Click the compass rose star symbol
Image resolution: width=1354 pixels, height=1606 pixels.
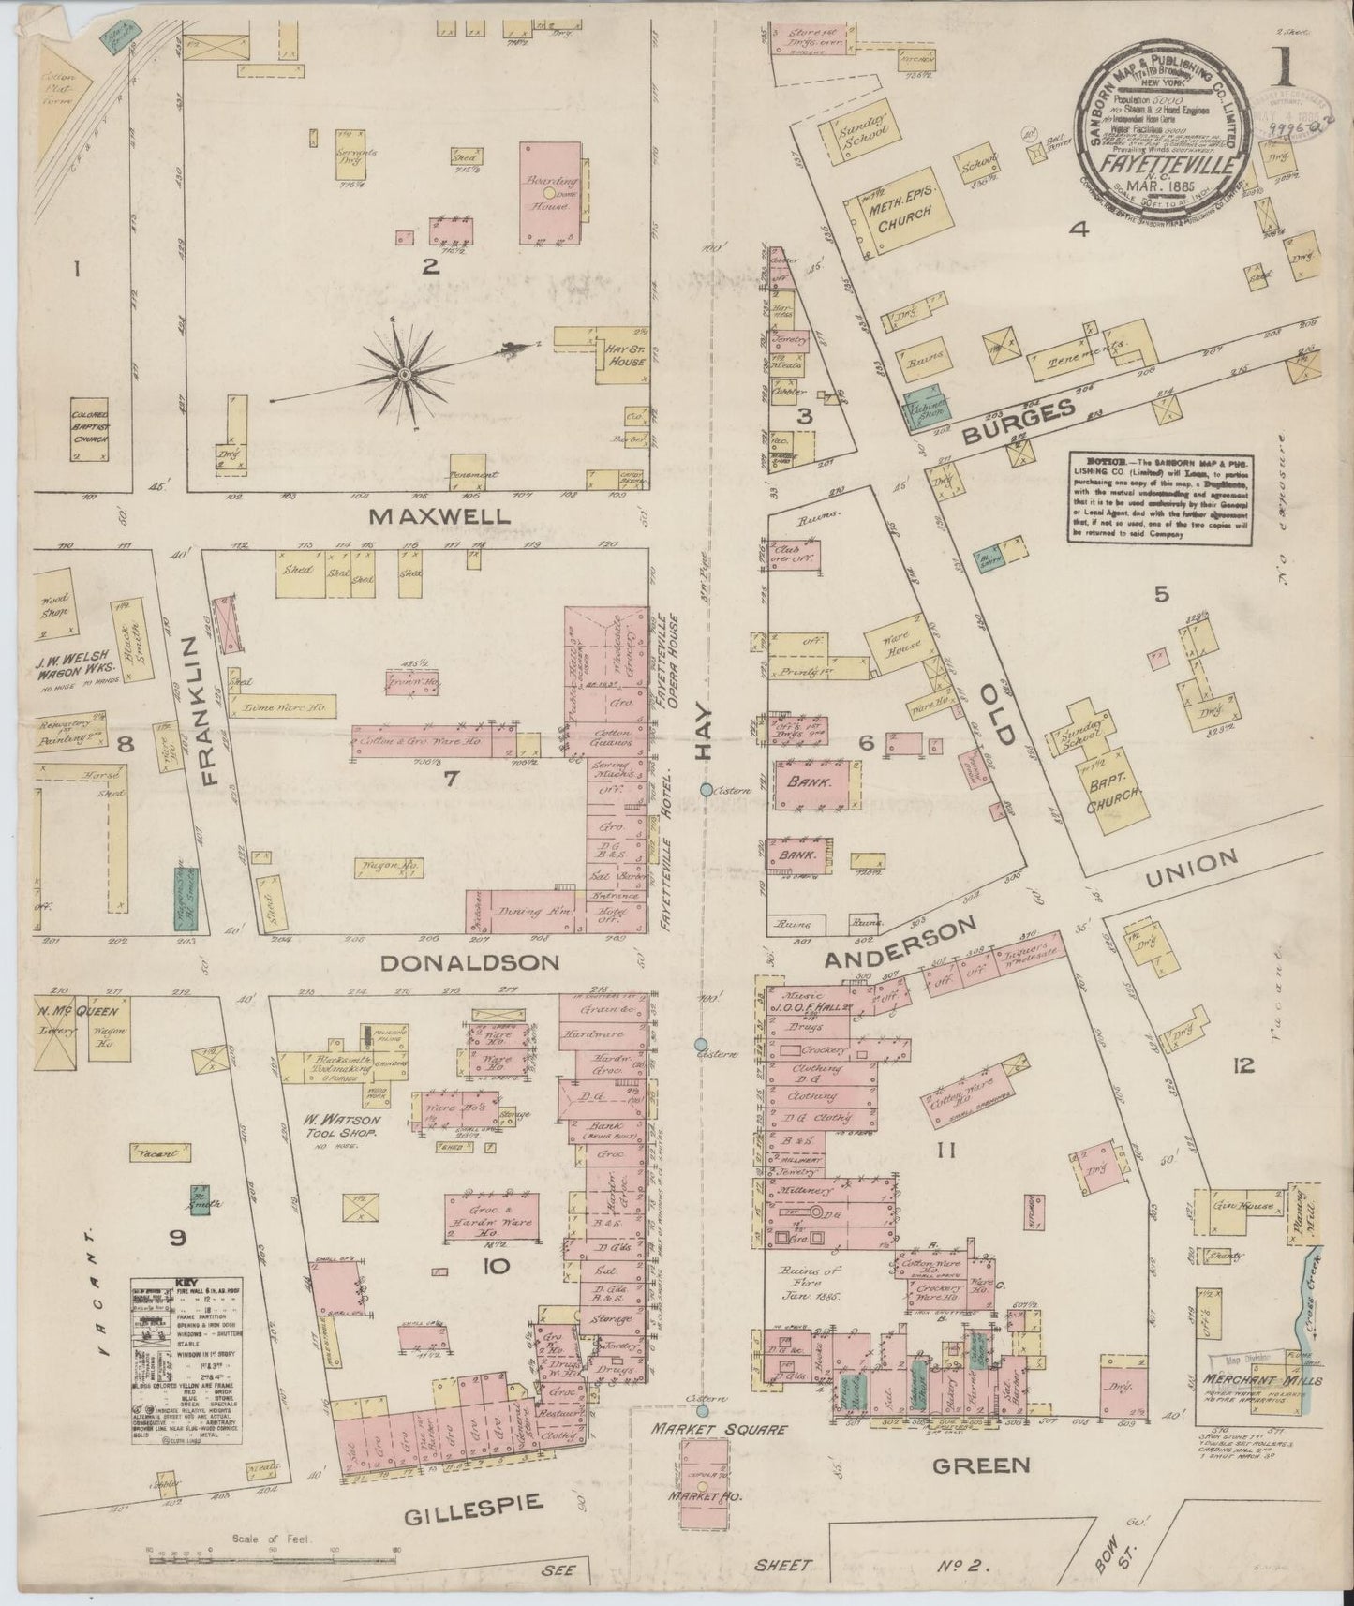click(x=404, y=374)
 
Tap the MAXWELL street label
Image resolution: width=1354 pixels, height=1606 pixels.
click(x=439, y=515)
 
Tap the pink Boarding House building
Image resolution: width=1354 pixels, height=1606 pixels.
click(x=551, y=192)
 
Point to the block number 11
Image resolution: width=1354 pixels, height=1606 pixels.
click(x=945, y=1150)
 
